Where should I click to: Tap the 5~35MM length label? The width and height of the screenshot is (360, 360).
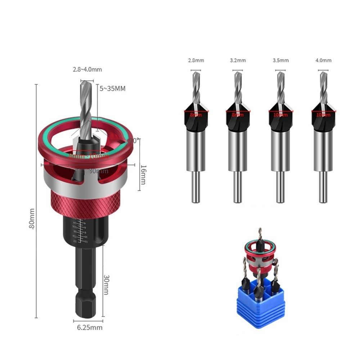[113, 88]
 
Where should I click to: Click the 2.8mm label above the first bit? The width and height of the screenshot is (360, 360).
[196, 60]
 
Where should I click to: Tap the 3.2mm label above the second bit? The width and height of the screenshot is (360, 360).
[238, 60]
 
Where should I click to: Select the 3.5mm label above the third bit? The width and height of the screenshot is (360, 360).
[280, 60]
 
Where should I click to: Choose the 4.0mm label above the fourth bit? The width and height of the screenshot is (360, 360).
[323, 60]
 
